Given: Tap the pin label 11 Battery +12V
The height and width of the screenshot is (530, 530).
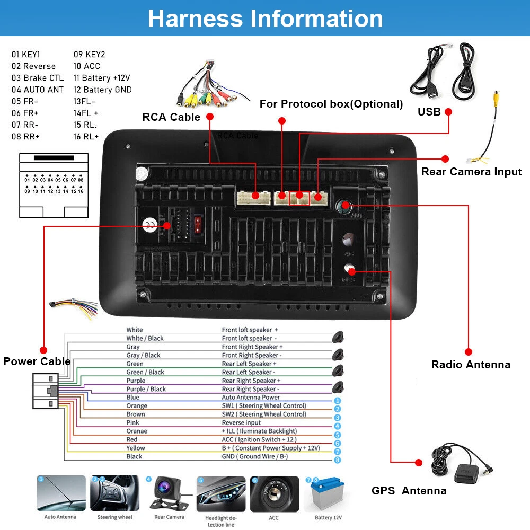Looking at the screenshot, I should [102, 78].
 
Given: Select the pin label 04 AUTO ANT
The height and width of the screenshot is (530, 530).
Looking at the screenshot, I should [38, 90].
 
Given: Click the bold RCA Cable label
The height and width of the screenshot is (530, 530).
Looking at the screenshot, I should [171, 117].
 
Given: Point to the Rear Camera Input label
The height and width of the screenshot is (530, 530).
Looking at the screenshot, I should [471, 172].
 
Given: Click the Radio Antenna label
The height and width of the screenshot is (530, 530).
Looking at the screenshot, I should [471, 365].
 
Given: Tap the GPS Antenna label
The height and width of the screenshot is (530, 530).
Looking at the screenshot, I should [409, 491].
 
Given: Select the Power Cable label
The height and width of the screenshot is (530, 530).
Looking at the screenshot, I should [37, 361].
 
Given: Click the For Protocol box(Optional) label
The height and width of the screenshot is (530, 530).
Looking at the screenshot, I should [331, 104].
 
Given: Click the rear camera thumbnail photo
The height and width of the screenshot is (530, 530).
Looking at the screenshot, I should [169, 494].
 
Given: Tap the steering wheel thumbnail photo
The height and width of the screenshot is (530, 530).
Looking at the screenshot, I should [114, 494].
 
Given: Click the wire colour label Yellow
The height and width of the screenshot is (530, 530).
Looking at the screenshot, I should [136, 448].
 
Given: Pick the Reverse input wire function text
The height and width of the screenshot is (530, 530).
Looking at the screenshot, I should [241, 422].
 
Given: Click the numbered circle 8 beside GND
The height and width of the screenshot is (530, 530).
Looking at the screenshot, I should [338, 460].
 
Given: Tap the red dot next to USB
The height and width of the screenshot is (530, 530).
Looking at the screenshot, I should [449, 112].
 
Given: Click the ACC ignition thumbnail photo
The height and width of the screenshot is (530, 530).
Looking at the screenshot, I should [274, 494].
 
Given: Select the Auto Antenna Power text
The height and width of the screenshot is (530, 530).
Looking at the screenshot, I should [251, 397].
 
